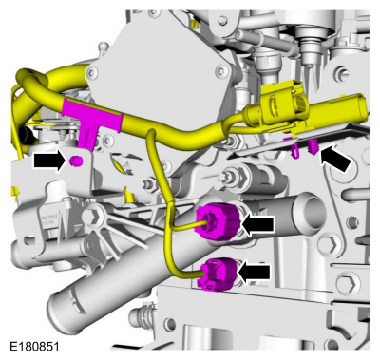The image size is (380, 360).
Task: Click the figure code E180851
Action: (x=34, y=347)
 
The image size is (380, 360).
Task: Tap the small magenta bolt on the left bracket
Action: (x=76, y=161)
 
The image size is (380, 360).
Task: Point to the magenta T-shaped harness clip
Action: (x=87, y=118)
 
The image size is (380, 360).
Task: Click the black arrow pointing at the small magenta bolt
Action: (x=49, y=161)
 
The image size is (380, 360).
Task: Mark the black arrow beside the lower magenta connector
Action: (x=255, y=272)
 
